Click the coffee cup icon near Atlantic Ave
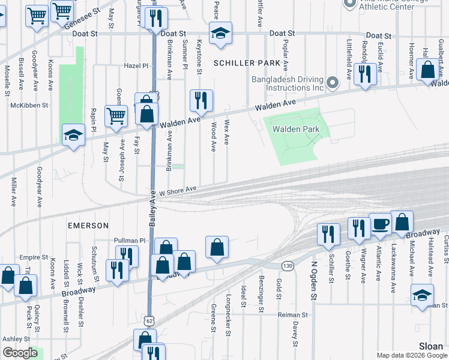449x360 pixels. (x=380, y=224)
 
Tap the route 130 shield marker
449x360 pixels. (x=289, y=265)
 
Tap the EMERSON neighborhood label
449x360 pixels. (x=88, y=226)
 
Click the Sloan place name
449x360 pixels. (x=432, y=346)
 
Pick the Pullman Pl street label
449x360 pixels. (x=130, y=241)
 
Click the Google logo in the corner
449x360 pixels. (x=20, y=353)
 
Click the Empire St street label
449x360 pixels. (x=34, y=257)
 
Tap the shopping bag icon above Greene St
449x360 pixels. (x=217, y=247)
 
